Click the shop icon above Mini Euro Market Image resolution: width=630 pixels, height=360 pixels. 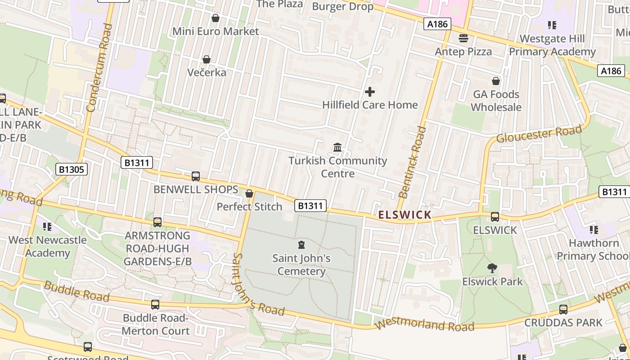[x=216, y=18]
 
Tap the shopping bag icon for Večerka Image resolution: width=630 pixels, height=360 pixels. [x=207, y=59]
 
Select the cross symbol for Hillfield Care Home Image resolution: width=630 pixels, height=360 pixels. [x=370, y=92]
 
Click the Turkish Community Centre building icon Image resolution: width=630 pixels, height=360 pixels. [x=337, y=147]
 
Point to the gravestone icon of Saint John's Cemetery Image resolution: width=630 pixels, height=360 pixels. [x=301, y=245]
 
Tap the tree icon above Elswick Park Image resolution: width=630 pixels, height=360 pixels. [x=492, y=269]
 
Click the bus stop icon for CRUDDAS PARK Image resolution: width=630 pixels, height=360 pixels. [x=563, y=310]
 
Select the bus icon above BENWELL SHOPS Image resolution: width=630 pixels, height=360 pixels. [x=196, y=176]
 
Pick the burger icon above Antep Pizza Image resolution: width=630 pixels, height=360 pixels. [x=463, y=38]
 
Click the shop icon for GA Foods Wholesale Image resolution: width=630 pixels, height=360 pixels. [x=496, y=81]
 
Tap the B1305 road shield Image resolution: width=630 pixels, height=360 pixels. [x=72, y=169]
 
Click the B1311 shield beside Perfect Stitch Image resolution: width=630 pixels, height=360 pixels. [x=310, y=206]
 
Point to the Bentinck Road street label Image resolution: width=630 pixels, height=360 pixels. [x=413, y=162]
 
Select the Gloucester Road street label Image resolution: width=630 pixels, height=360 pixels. [x=539, y=133]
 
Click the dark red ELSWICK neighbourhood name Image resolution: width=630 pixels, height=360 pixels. [x=405, y=215]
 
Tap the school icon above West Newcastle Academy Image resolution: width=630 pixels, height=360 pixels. [x=47, y=226]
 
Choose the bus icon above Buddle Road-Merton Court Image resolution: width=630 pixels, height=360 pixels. [x=155, y=305]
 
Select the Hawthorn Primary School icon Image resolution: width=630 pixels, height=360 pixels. [x=594, y=230]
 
